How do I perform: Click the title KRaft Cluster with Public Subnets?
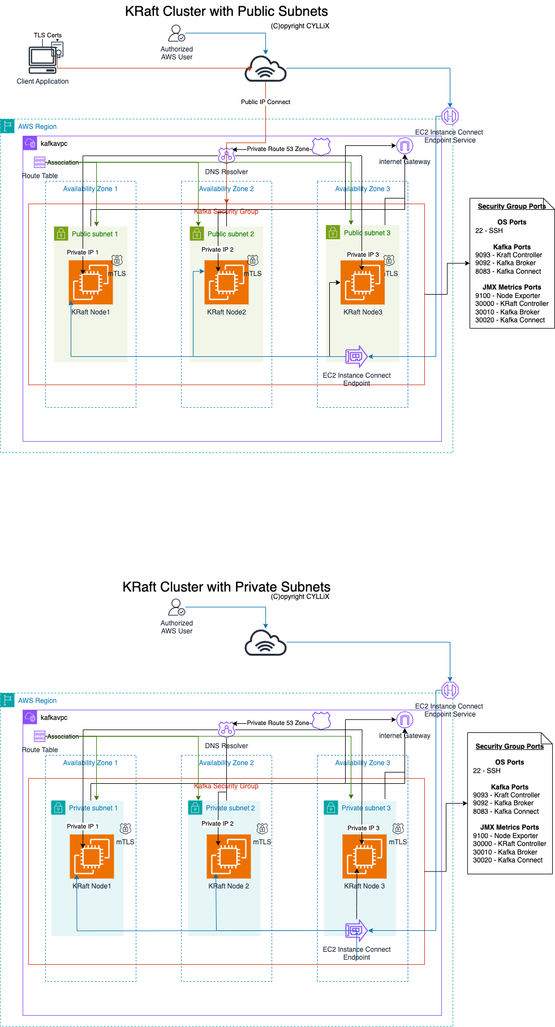point(226,11)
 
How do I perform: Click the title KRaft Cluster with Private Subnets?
point(226,587)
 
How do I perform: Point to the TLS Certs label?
point(48,35)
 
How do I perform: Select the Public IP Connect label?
point(265,102)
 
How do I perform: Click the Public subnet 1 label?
point(94,234)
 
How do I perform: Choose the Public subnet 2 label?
point(231,234)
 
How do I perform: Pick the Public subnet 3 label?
point(367,233)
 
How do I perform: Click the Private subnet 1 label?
point(93,808)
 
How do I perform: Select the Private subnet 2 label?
point(230,808)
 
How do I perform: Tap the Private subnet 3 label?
point(366,808)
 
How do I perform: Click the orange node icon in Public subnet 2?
point(226,282)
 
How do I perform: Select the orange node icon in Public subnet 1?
point(91,282)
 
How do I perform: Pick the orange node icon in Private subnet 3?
point(364,856)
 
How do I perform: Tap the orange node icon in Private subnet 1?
point(92,856)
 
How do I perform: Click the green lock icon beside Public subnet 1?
point(61,234)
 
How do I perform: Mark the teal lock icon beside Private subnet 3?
point(331,808)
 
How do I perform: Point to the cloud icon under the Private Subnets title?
point(265,643)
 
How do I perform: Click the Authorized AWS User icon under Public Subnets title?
point(177,33)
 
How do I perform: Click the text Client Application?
point(42,81)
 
